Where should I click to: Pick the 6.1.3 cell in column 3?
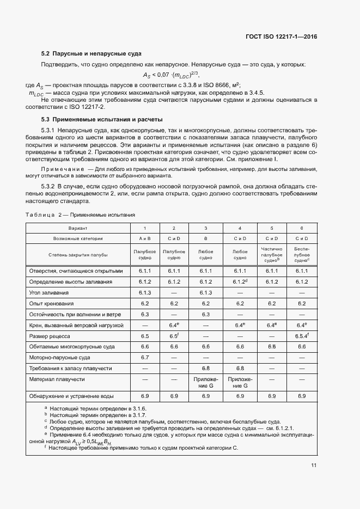205,292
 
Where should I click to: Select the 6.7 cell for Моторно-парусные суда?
145,357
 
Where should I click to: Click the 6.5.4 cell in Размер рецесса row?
301,336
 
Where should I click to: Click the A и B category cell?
145,238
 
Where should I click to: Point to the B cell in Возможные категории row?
205,238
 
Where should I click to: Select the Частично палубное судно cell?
271,254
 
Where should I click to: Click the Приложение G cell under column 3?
205,382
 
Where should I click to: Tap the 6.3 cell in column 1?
145,314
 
